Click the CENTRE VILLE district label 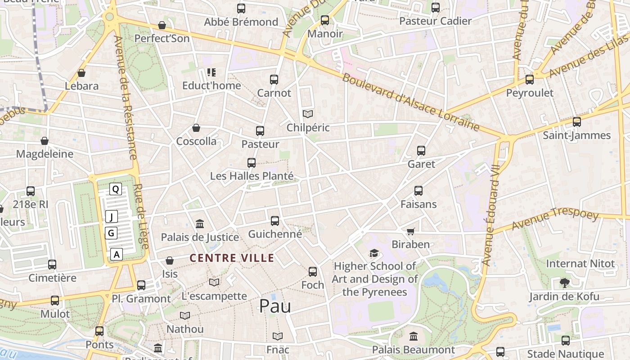[x=232, y=258]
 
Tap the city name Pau [x=275, y=306]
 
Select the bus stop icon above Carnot [x=274, y=80]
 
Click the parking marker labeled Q [x=116, y=189]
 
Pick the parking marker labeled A [x=117, y=254]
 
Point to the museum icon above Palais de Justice [x=200, y=224]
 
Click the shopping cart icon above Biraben [x=410, y=231]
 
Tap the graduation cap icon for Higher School [x=374, y=253]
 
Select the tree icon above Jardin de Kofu [x=564, y=283]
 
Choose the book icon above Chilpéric [x=308, y=114]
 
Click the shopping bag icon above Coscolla [x=196, y=128]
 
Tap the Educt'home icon [x=211, y=72]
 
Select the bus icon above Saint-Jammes [x=576, y=122]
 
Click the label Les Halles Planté [x=252, y=176]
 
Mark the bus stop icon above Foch [x=313, y=272]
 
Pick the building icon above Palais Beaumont [x=414, y=336]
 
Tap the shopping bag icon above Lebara [x=81, y=73]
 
